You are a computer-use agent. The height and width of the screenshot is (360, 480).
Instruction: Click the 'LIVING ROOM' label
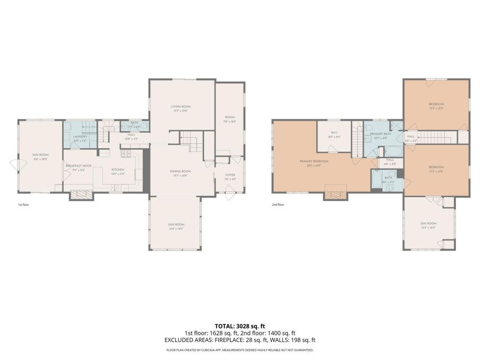point(180,107)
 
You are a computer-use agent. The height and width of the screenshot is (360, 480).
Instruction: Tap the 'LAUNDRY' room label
point(80,137)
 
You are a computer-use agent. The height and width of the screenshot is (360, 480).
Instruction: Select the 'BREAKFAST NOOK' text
point(78,166)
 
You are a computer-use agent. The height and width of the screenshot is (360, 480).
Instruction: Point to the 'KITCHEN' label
point(117,170)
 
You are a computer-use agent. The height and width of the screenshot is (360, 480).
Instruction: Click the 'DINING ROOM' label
point(180,171)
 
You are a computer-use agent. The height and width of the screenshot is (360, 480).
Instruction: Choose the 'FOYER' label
point(230,175)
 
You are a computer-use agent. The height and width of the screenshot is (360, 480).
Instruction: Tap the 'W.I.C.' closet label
point(334,133)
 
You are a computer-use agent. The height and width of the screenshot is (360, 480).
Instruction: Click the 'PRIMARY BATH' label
point(381,134)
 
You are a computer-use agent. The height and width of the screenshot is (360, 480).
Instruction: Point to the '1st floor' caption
point(23,204)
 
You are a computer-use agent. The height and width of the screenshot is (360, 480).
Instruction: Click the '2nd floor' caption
point(278,204)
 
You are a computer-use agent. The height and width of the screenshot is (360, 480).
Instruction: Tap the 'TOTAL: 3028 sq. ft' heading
point(239,325)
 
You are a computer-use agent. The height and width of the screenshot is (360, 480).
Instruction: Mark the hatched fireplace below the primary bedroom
point(335,195)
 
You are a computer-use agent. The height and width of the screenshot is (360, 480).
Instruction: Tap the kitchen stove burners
point(126,155)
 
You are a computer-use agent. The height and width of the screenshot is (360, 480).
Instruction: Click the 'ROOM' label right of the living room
point(229,118)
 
